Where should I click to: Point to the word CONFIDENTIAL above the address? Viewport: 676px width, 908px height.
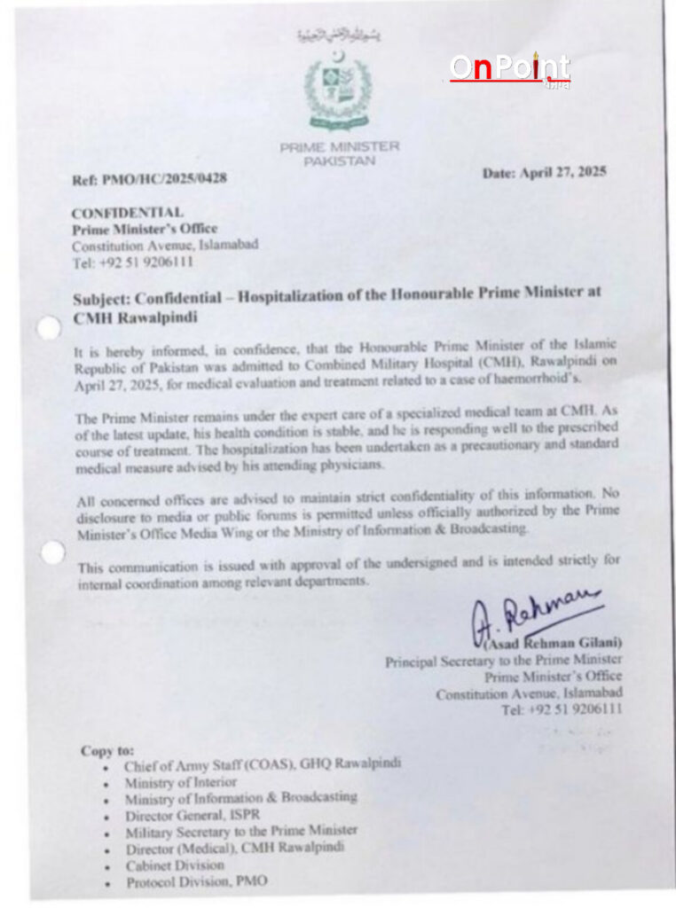pyautogui.click(x=128, y=213)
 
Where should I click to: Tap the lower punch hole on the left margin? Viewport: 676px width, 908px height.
pyautogui.click(x=52, y=553)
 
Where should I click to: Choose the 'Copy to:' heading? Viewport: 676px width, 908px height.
pyautogui.click(x=107, y=750)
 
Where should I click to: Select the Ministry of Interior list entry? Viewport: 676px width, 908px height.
pyautogui.click(x=181, y=782)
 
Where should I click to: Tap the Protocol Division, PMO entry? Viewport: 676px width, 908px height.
pyautogui.click(x=196, y=881)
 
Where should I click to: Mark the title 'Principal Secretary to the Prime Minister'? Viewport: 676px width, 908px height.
pyautogui.click(x=503, y=661)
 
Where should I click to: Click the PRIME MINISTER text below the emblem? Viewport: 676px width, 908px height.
pyautogui.click(x=340, y=147)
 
